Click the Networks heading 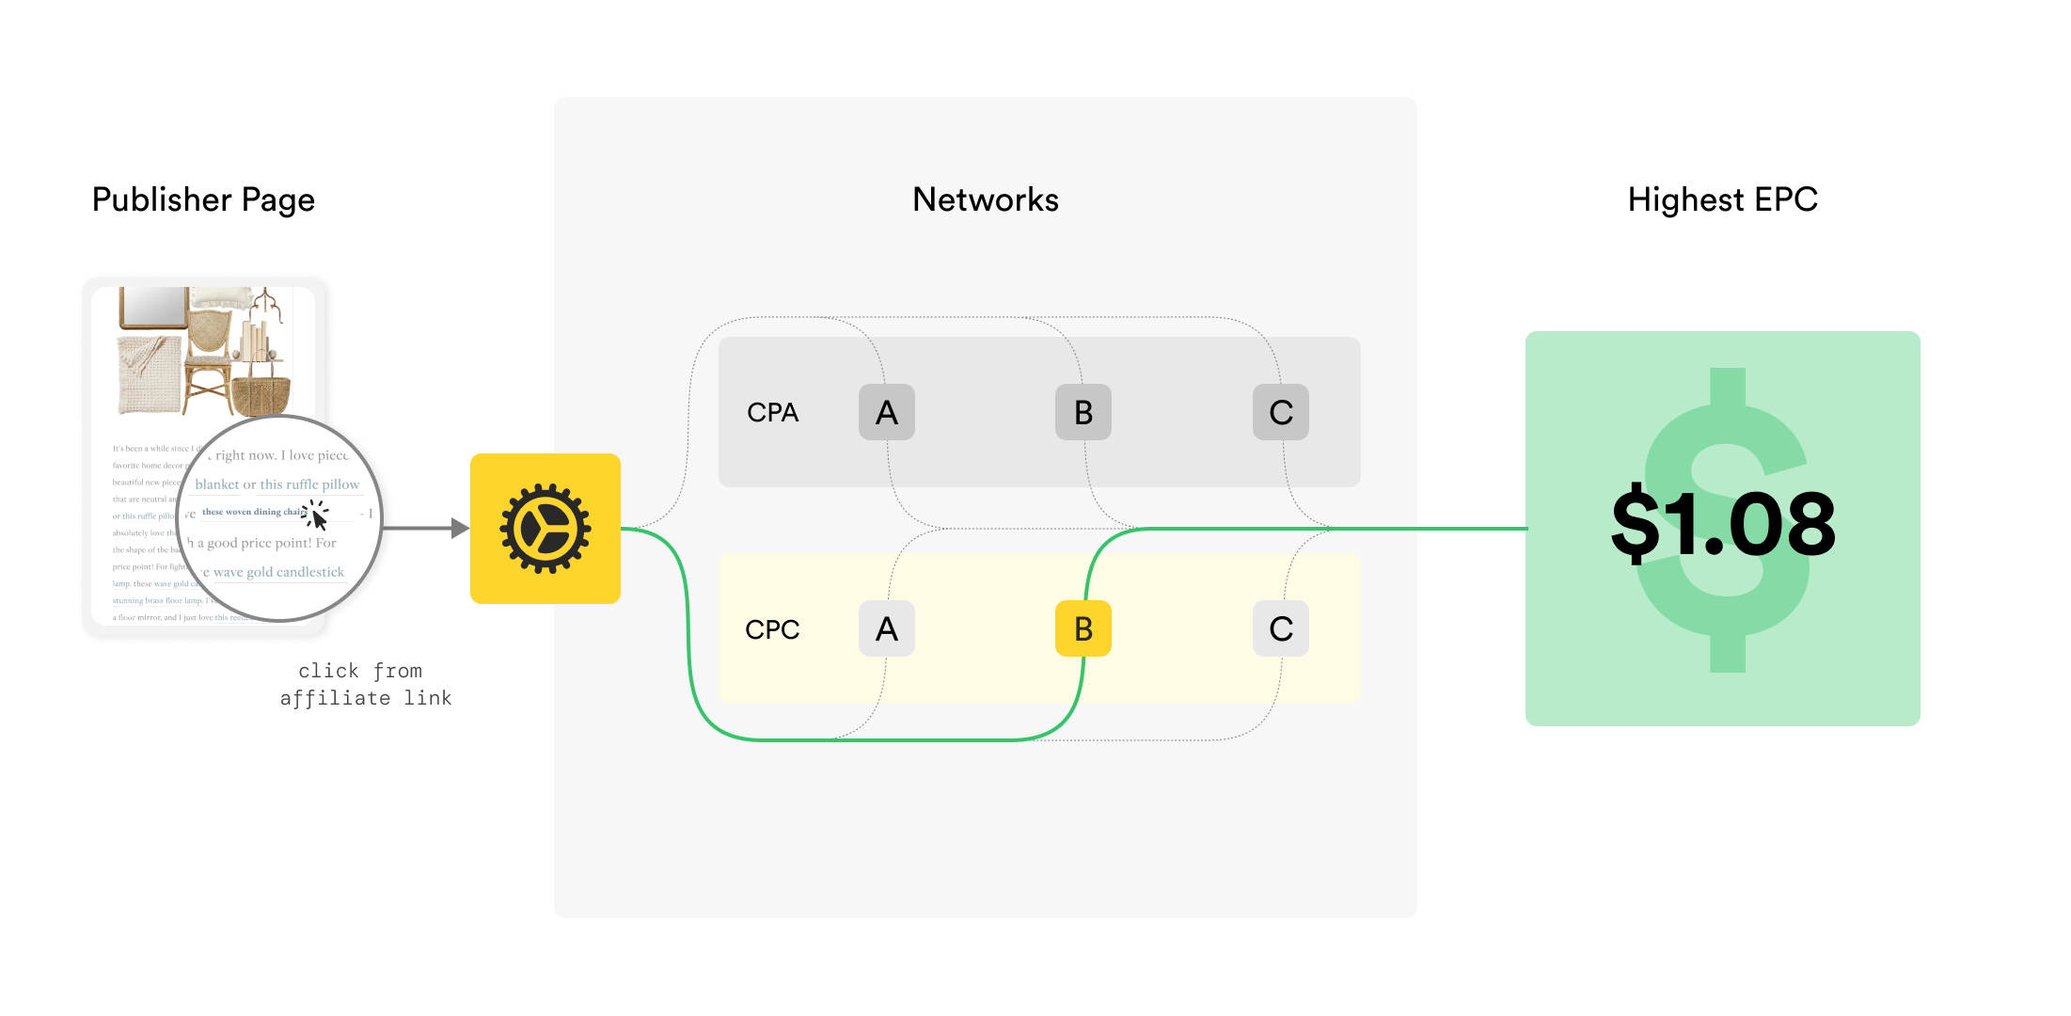click(985, 199)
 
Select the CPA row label click(772, 412)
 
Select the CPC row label click(772, 629)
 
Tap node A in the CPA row click(886, 412)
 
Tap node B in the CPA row click(1083, 412)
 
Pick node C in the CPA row click(1280, 412)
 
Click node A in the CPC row click(886, 628)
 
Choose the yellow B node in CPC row click(1083, 628)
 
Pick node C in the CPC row click(1280, 628)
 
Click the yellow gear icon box click(545, 529)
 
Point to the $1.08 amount click(1722, 525)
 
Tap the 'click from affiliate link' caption click(365, 684)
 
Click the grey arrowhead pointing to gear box click(460, 529)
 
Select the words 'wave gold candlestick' click(278, 572)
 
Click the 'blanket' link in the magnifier click(217, 484)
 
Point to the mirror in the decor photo click(153, 308)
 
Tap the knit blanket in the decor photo click(148, 375)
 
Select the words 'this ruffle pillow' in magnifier click(309, 484)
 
